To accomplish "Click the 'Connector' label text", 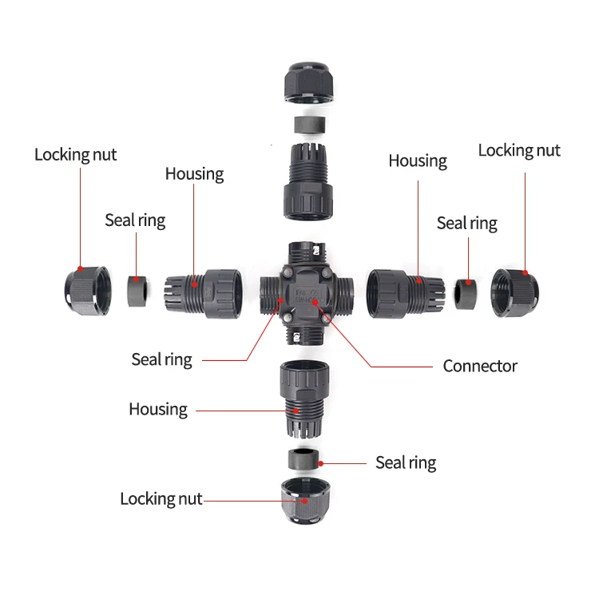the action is pos(480,367).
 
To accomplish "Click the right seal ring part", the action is pos(465,292).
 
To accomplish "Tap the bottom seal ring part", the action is pos(303,461).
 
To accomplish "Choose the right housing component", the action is pos(400,292).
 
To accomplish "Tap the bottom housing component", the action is pos(301,399).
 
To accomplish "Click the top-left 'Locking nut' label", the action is pos(75,154).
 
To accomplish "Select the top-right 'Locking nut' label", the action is pos(519,150).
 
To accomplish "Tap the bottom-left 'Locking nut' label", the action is pos(161,499).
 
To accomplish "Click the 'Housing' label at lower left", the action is pos(158,410).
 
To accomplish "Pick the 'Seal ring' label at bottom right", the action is pos(406,462).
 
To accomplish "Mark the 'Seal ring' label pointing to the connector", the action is pos(161,360).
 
